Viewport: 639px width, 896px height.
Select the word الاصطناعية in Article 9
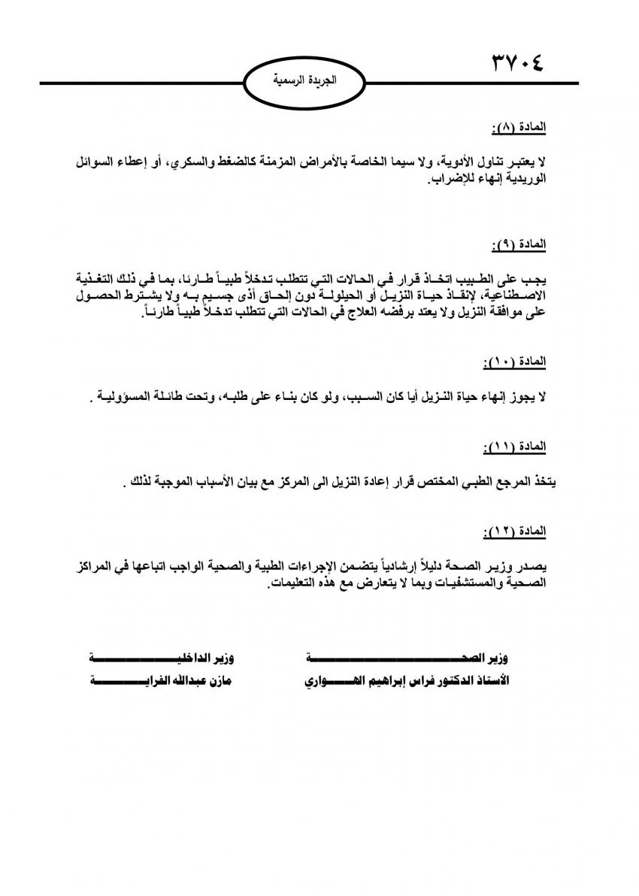516,296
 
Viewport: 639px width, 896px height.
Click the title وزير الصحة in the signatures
406,658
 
